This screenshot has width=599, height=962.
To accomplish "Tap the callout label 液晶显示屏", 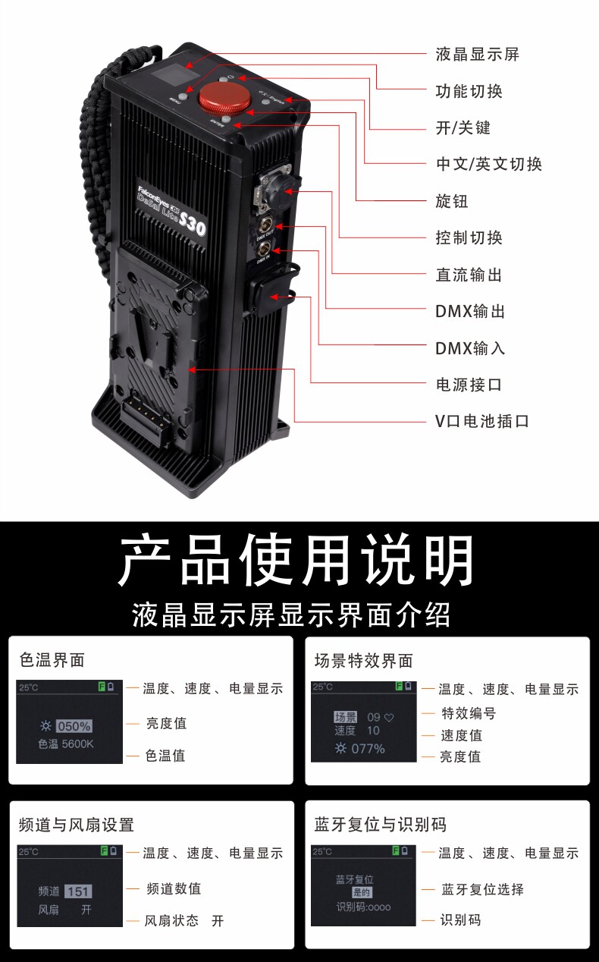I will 477,55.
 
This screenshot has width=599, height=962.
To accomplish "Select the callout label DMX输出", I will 470,311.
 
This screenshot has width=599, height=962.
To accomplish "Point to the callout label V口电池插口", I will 481,421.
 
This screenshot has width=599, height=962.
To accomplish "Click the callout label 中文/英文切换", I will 488,165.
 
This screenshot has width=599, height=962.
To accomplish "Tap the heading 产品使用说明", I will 297,561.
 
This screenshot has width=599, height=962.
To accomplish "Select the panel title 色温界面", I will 52,660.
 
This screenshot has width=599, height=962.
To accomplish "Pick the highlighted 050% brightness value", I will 74,726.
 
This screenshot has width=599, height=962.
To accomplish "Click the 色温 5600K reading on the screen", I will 66,744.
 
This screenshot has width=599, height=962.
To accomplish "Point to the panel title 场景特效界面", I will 364,661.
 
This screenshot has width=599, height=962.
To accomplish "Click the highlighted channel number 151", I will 78,891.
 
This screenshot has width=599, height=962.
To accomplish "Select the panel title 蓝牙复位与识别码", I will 381,825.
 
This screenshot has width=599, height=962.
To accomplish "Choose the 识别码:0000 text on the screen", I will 364,907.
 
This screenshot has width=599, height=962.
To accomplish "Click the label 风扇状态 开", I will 184,920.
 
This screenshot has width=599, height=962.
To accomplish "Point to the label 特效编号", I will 469,713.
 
